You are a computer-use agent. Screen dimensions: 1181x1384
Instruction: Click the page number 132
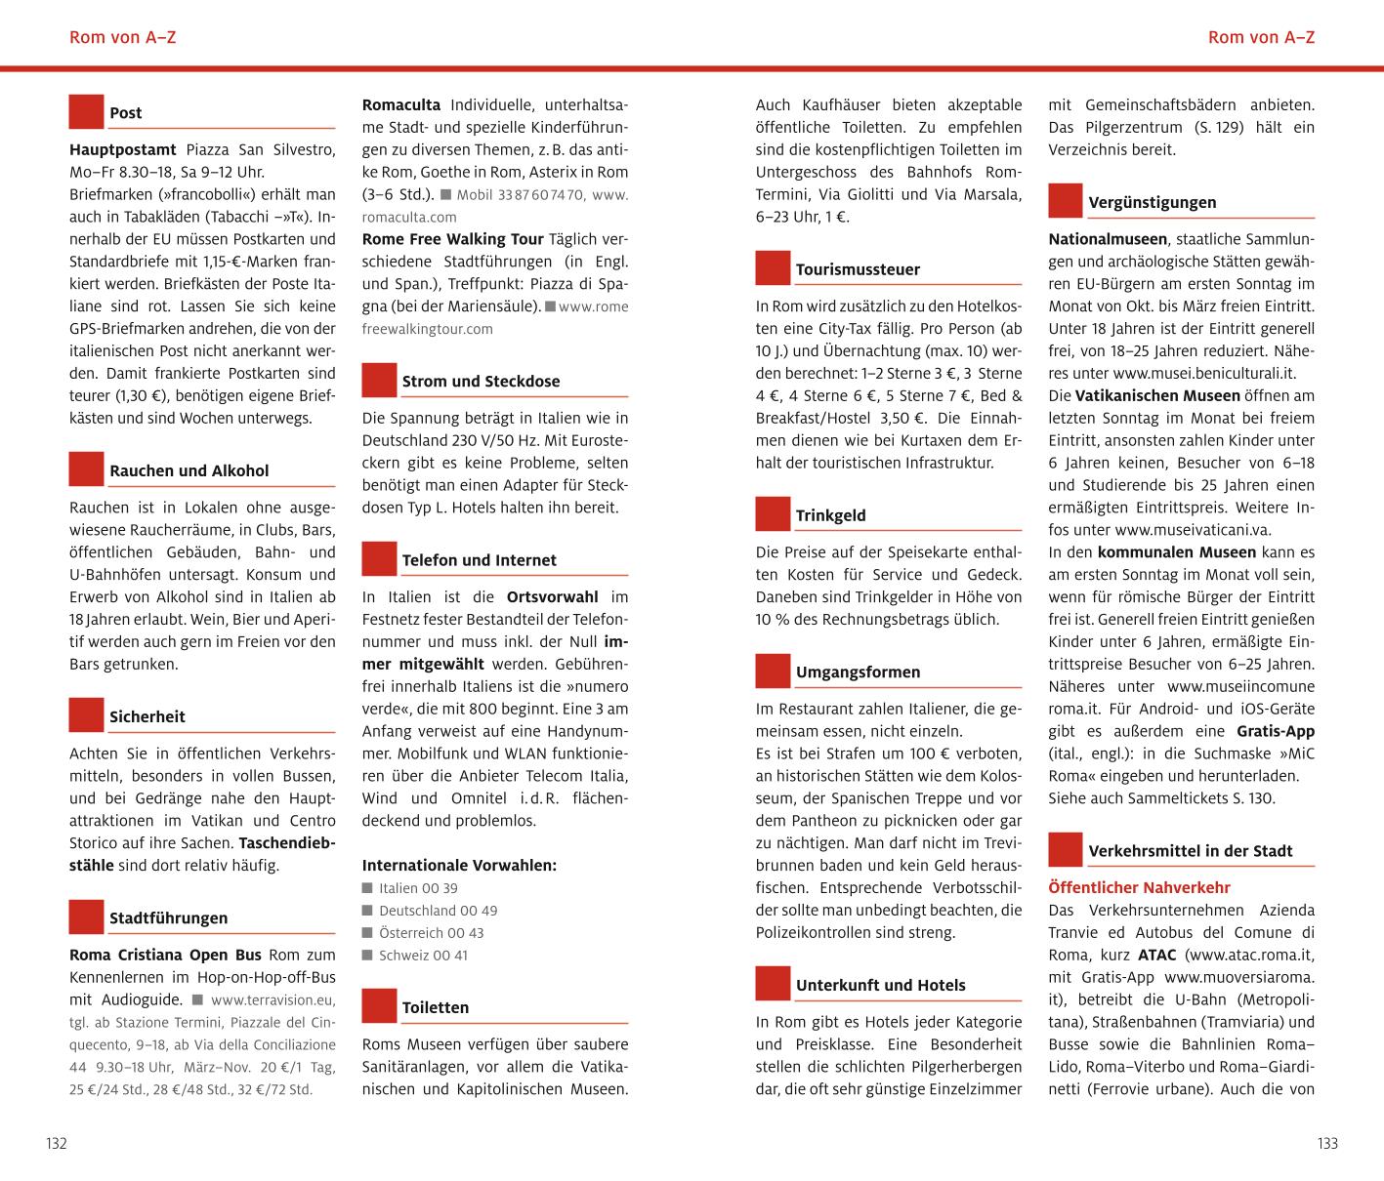[x=57, y=1144]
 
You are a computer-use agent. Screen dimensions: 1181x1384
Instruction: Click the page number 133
[x=1326, y=1144]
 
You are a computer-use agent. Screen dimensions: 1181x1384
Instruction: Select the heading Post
[x=125, y=113]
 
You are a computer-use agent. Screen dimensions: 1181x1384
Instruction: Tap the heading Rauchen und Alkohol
[x=189, y=470]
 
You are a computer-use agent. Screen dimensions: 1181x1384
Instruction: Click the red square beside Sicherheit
[x=86, y=715]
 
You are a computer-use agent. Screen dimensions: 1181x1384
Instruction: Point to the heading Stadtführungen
[x=168, y=918]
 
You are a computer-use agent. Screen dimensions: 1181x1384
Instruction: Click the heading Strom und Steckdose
[x=481, y=382]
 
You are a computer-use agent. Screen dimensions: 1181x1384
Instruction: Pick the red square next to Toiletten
[x=379, y=1006]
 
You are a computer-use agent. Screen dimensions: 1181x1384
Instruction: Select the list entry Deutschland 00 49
[x=438, y=911]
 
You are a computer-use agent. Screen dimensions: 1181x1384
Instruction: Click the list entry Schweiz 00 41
[x=423, y=956]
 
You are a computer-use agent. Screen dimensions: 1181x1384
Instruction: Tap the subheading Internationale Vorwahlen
[x=459, y=866]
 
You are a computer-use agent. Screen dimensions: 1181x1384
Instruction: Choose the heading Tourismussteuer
[x=858, y=269]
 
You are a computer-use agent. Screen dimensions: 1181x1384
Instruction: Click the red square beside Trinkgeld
[x=773, y=514]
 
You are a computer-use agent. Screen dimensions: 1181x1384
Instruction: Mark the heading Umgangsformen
[x=858, y=672]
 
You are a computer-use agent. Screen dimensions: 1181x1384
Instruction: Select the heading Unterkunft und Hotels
[x=880, y=986]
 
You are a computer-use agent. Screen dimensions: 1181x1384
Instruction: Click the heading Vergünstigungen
[x=1152, y=203]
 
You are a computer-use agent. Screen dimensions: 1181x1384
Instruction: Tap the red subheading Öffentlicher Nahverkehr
[x=1139, y=888]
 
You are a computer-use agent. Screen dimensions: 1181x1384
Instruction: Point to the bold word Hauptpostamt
[x=123, y=150]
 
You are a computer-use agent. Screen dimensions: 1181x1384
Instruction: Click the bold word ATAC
[x=1156, y=956]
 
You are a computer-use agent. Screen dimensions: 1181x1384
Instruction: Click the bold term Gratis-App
[x=1275, y=731]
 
